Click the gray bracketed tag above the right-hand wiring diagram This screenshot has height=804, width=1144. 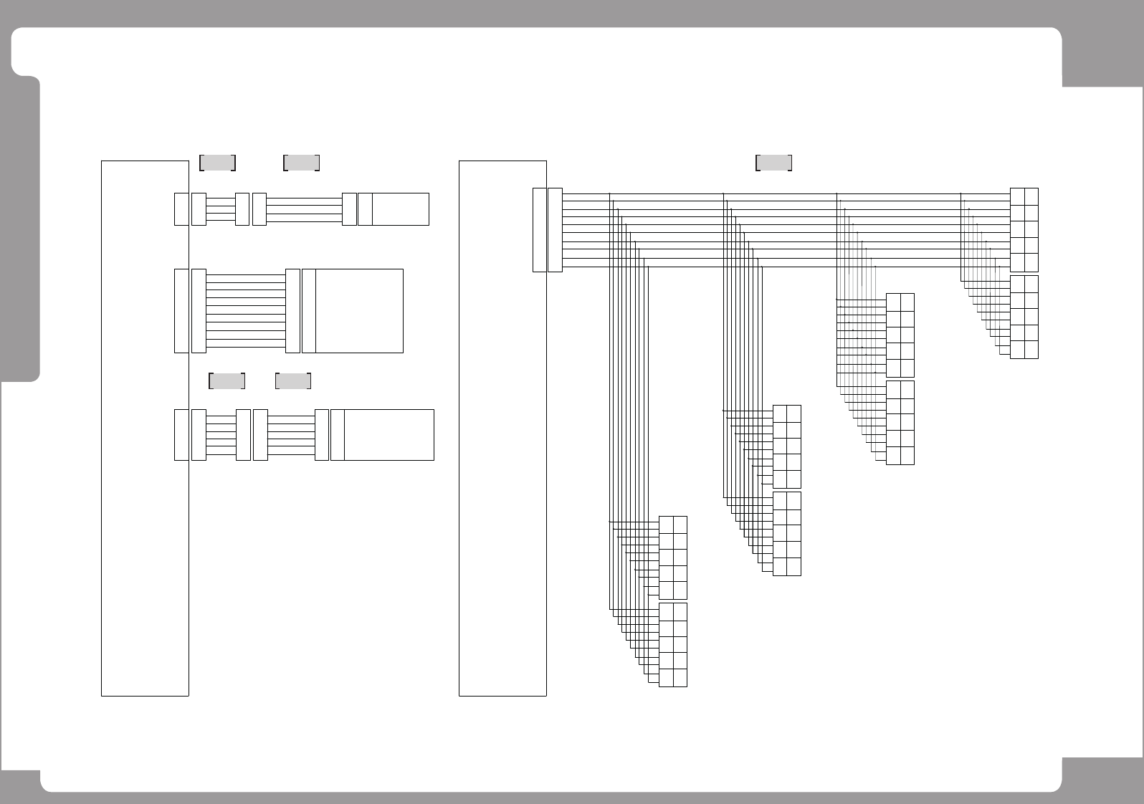773,163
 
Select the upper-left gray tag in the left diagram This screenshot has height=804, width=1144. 217,163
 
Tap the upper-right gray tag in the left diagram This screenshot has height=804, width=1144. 301,163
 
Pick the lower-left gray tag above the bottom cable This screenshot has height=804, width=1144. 227,381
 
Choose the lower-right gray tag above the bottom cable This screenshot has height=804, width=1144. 293,381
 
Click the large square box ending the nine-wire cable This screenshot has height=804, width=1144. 359,311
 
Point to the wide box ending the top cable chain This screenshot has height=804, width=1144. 400,209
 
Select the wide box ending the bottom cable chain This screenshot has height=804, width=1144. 389,435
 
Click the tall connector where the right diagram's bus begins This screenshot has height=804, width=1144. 555,230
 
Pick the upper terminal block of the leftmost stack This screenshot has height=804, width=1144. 672,557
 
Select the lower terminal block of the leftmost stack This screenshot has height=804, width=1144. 672,645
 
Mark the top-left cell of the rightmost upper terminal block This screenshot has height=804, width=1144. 1017,196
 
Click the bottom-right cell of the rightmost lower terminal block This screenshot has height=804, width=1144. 1031,350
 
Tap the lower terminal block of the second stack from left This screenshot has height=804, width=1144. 786,534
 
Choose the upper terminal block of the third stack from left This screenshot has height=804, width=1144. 900,335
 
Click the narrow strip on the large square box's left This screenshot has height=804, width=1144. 309,311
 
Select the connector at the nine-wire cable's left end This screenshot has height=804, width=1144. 199,311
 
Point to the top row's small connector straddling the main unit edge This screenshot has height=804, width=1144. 181,209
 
